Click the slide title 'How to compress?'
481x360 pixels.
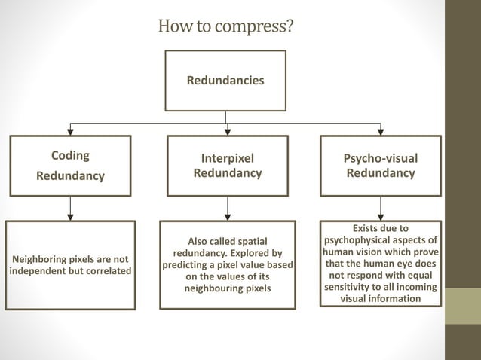click(x=225, y=26)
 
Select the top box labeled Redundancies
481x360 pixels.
click(x=225, y=80)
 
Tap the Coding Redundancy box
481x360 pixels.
click(x=70, y=165)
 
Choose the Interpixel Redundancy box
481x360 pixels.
click(x=227, y=165)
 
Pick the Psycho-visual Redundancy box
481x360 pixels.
click(x=380, y=165)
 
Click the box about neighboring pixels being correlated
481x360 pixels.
click(x=70, y=265)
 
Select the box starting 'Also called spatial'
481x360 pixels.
click(x=227, y=265)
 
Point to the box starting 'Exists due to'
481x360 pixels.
click(x=380, y=264)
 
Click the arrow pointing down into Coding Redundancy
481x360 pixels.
click(x=70, y=130)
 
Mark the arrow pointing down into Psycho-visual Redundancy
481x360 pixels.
click(x=380, y=130)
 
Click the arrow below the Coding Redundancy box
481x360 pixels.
click(x=70, y=208)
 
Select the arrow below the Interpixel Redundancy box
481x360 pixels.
click(x=227, y=208)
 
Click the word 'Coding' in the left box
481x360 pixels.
click(x=70, y=156)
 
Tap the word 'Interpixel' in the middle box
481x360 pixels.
click(x=227, y=159)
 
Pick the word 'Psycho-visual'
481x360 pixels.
click(x=380, y=158)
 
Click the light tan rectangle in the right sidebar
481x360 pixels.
click(x=462, y=306)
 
